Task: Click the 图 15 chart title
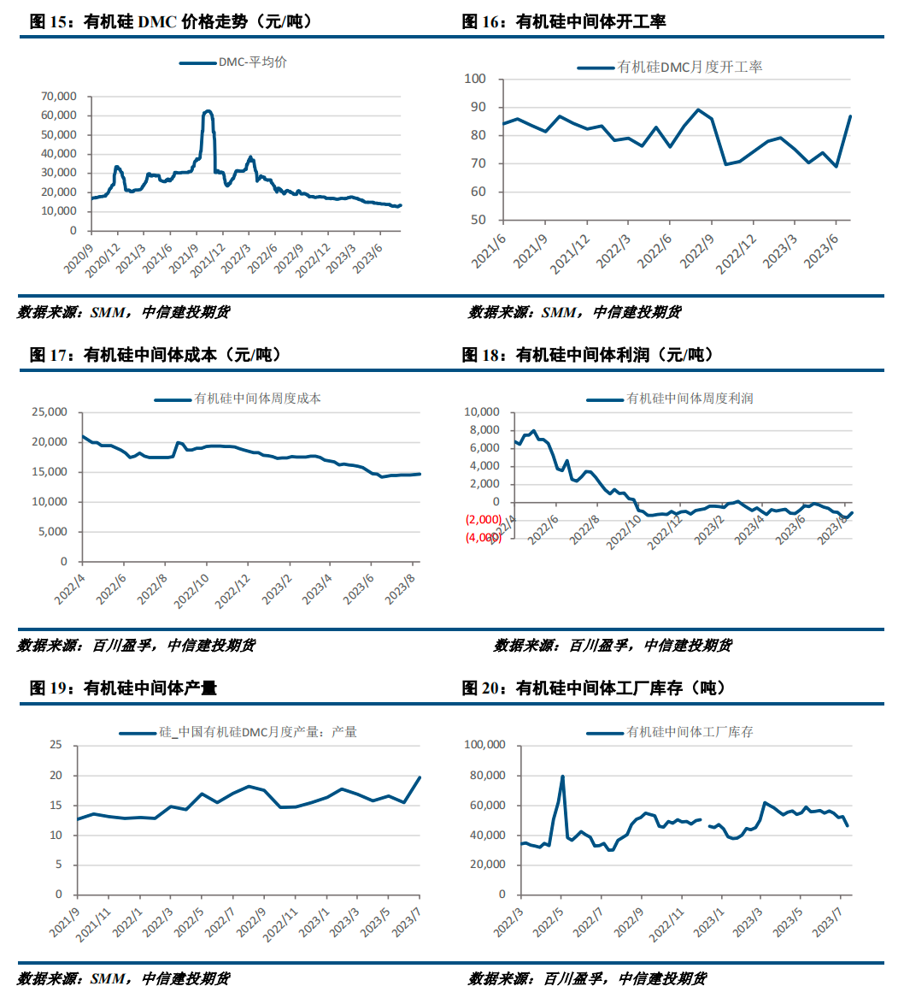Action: [171, 21]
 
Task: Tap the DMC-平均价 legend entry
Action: [233, 62]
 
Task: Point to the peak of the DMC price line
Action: [208, 111]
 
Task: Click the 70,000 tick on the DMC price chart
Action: [59, 96]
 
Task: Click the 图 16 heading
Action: [564, 21]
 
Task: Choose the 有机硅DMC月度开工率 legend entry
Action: [670, 68]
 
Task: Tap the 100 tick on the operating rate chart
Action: [475, 79]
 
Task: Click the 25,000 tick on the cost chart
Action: [50, 411]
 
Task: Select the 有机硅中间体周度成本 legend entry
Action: [238, 399]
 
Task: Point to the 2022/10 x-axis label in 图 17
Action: [191, 591]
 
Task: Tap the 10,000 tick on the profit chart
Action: [482, 411]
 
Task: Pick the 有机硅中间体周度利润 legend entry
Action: [670, 399]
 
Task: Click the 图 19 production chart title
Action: [124, 688]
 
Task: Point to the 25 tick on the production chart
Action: [56, 745]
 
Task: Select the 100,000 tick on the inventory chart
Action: [484, 745]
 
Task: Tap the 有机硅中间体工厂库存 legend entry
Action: [670, 732]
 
